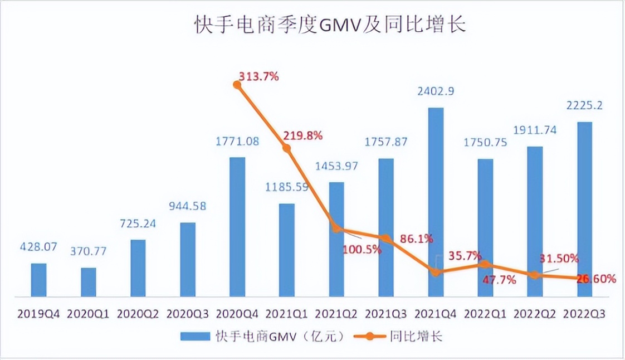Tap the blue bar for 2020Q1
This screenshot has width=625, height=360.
point(88,282)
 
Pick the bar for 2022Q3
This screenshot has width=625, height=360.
point(585,209)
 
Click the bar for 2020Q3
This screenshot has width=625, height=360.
point(188,259)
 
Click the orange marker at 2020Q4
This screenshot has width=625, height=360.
point(237,85)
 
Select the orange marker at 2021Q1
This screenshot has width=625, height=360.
point(287,148)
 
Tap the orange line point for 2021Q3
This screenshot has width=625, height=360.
point(386,238)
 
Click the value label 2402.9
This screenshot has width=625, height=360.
point(436,91)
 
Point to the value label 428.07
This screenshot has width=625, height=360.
point(38,247)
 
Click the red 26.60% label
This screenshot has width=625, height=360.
point(595,279)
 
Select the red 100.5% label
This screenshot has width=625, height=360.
point(362,250)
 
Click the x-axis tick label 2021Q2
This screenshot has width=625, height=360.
point(336,314)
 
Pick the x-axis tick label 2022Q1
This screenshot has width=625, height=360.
point(485,314)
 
